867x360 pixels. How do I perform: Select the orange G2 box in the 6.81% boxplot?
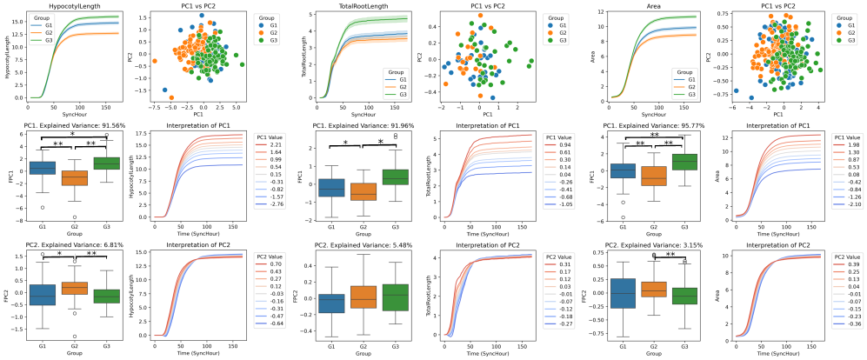[74, 288]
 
